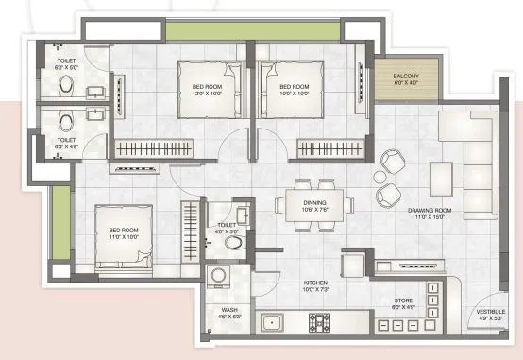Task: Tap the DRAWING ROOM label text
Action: [430, 212]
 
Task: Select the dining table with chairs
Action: [314, 203]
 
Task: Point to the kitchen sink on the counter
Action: [274, 324]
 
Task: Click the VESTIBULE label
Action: [491, 311]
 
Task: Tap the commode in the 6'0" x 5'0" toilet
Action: [64, 88]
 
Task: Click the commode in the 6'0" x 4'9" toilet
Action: [64, 121]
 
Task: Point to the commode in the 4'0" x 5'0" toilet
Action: [232, 242]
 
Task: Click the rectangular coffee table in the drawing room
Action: [440, 177]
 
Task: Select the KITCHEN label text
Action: [314, 283]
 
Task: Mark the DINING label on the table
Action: [314, 201]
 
